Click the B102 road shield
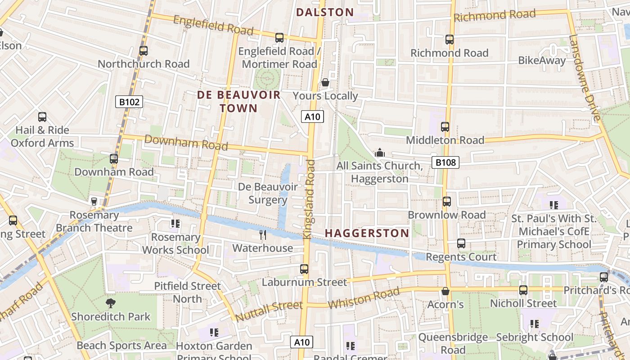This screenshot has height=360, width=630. click(x=129, y=102)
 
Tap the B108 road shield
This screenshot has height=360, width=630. click(x=445, y=162)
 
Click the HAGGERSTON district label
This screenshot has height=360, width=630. click(x=367, y=233)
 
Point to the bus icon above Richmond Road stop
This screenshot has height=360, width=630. click(x=449, y=40)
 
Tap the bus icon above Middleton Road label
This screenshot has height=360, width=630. click(x=445, y=127)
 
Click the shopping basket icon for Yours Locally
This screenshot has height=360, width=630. click(x=325, y=83)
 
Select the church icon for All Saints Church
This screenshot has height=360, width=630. click(x=380, y=153)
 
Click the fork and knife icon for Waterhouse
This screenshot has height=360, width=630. click(x=263, y=234)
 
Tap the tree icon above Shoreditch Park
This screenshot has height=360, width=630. click(x=110, y=303)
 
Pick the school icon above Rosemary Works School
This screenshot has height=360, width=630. click(x=175, y=224)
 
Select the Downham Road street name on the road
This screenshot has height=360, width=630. click(x=186, y=143)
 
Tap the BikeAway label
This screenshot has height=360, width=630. click(x=542, y=60)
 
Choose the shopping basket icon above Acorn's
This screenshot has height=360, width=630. click(x=445, y=291)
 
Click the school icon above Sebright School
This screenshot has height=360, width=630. click(x=534, y=324)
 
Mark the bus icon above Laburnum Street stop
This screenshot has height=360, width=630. click(x=304, y=269)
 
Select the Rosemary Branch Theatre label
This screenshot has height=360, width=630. click(x=94, y=221)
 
